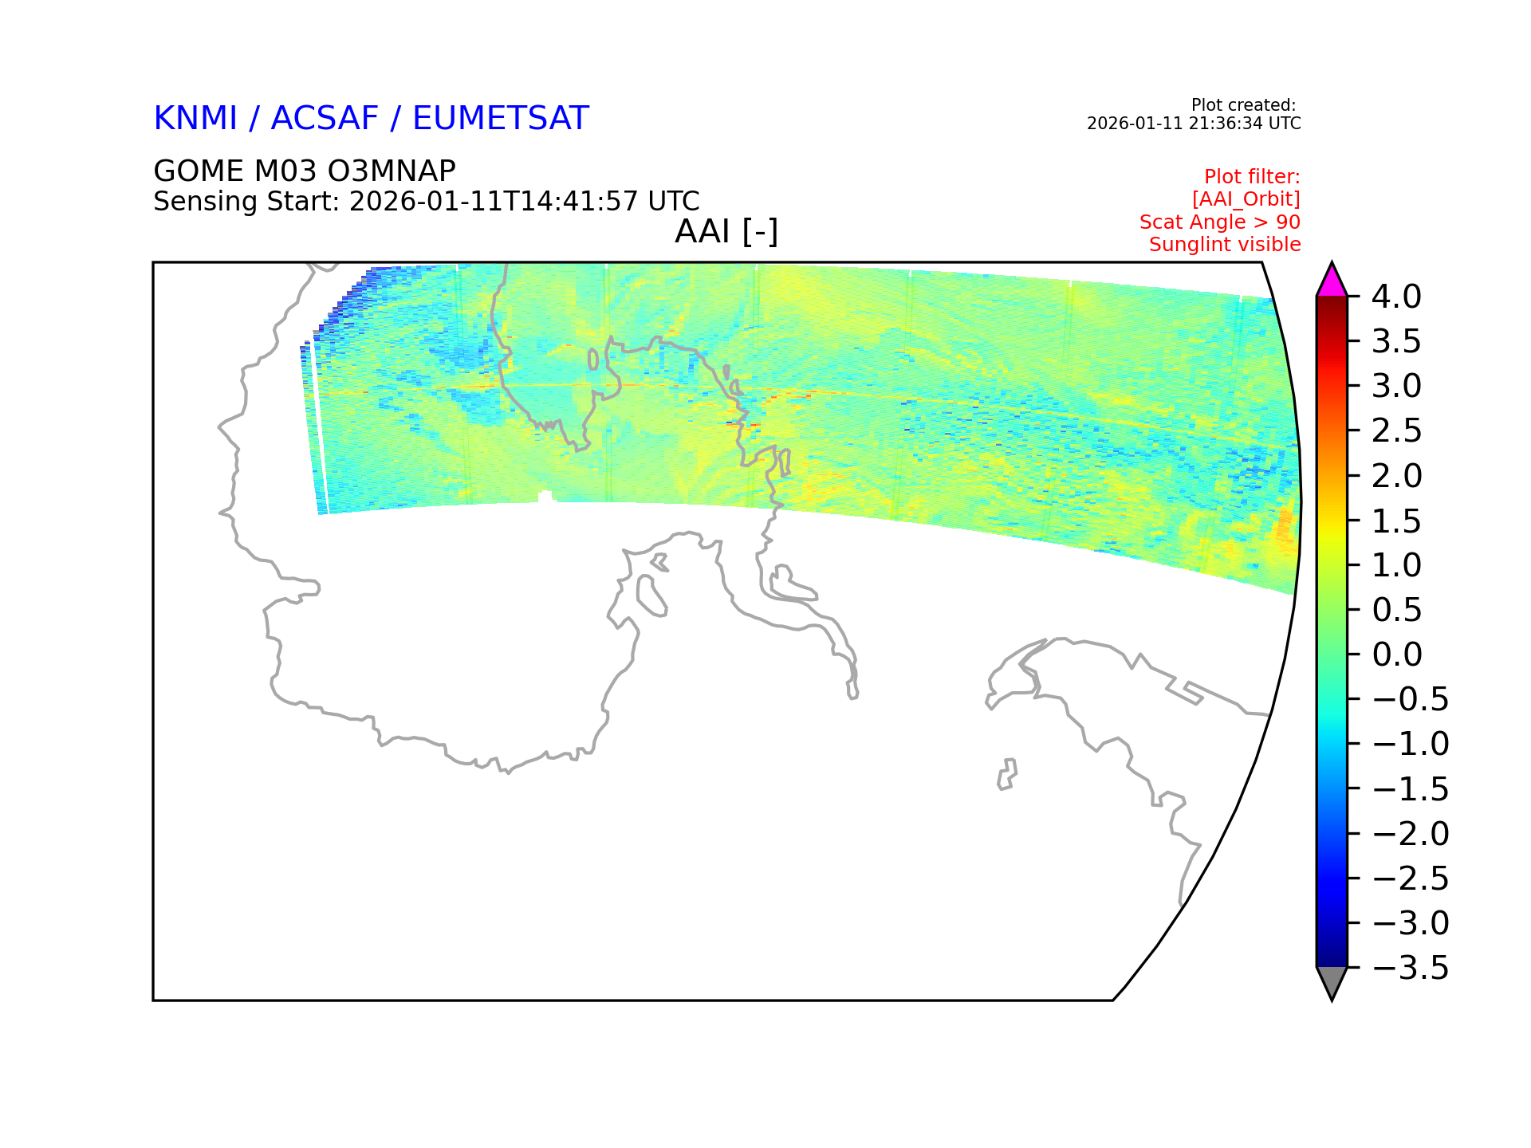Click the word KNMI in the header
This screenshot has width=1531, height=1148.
coord(195,118)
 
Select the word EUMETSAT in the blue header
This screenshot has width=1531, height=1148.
coord(501,118)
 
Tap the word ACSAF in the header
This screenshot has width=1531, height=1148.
coord(325,118)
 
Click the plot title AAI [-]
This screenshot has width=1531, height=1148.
coord(726,232)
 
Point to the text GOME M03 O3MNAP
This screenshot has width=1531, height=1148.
coord(305,171)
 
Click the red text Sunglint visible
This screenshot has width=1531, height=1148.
coord(1225,245)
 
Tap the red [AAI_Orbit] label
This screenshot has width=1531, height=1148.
coord(1246,199)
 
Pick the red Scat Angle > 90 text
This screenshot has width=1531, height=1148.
coord(1220,222)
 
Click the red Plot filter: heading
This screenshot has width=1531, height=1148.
coord(1252,176)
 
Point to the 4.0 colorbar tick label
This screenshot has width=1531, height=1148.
coord(1396,297)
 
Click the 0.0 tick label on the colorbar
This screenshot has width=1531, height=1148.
coord(1396,655)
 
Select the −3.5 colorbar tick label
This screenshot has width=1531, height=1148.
coord(1410,968)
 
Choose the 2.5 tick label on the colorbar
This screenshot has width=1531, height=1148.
coord(1396,431)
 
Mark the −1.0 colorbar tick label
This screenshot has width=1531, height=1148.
coord(1410,744)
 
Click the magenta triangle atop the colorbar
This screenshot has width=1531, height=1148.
coord(1332,282)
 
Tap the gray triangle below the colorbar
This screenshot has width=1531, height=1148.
coord(1332,981)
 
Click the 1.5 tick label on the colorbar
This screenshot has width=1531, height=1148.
coord(1396,521)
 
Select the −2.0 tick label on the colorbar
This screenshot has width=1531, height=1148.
coord(1410,834)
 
